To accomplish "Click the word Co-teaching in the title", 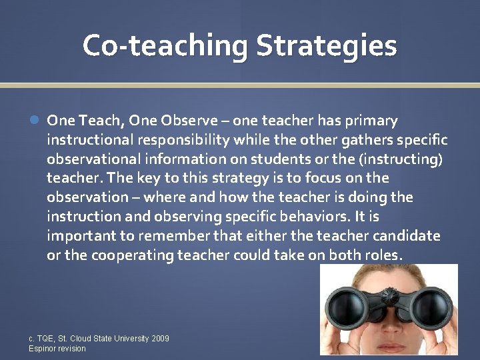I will point(165,46).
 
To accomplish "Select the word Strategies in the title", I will point(327,46).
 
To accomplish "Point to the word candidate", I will point(407,236).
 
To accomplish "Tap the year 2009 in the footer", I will point(160,339).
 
